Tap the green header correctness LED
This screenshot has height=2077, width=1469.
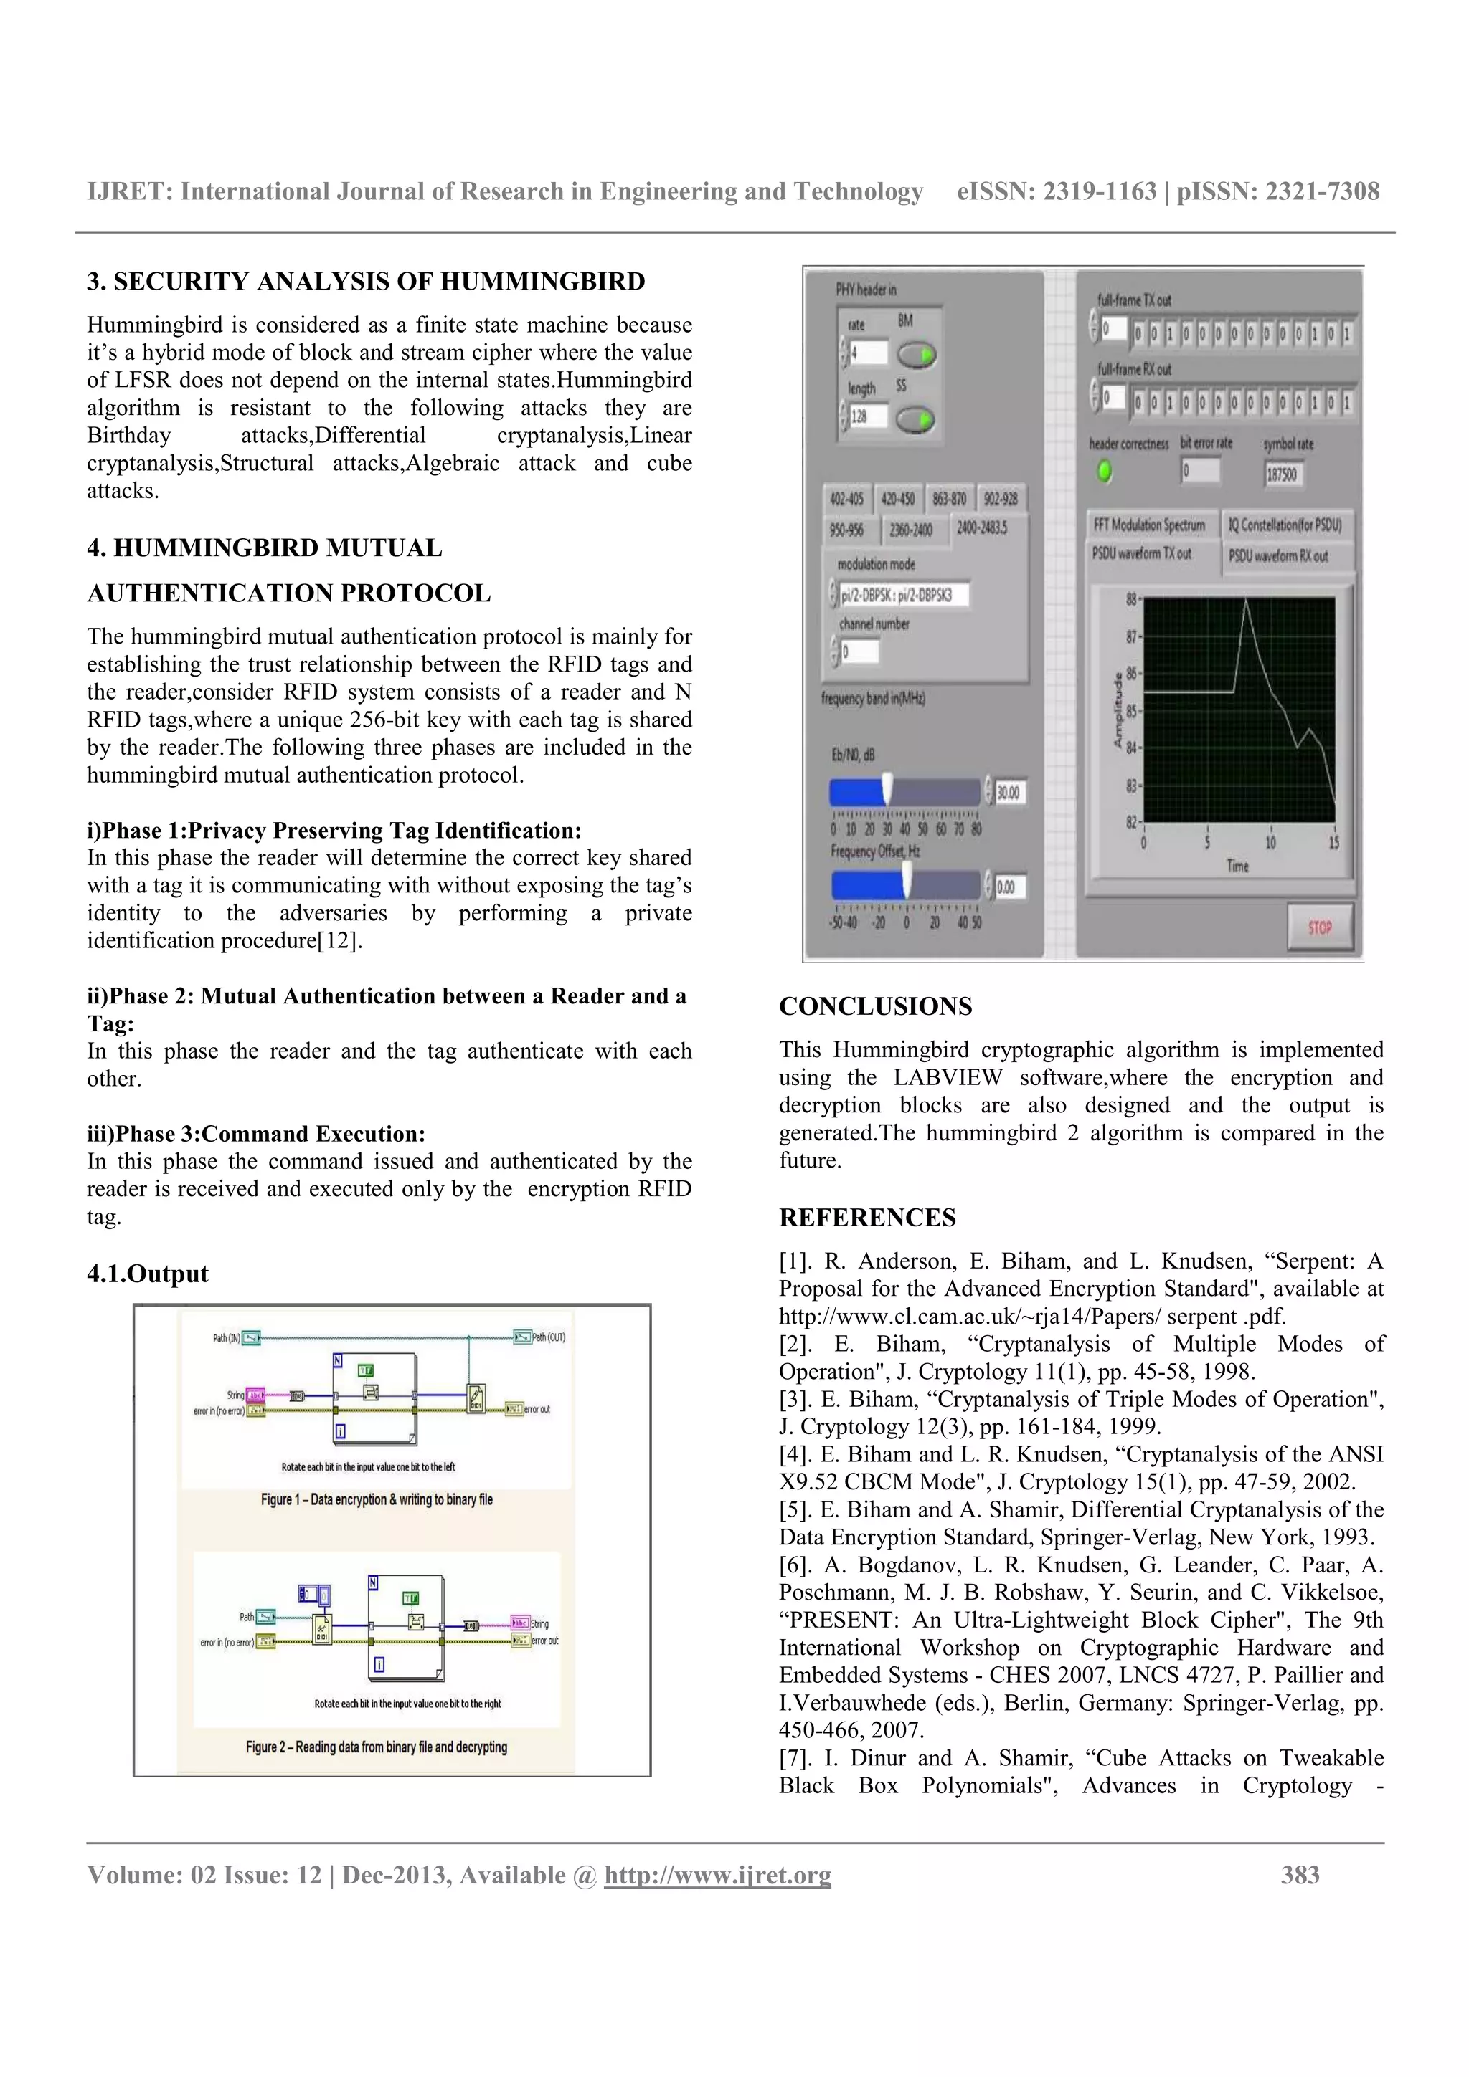[1103, 472]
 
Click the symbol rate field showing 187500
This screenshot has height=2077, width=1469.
[1283, 473]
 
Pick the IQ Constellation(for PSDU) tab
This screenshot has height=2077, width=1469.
[1285, 525]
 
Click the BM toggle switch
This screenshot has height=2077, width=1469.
[916, 355]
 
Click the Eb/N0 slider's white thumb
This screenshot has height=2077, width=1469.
[888, 789]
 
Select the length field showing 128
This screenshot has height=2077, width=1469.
[867, 417]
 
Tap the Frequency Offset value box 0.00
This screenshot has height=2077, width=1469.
[1009, 887]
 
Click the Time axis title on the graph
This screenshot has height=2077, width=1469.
[1237, 866]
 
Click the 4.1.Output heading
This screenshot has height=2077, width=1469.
[148, 1274]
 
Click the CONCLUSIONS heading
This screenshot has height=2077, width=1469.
[875, 1007]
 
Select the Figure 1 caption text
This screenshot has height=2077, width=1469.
[377, 1499]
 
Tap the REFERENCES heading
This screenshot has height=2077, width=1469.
[866, 1218]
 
